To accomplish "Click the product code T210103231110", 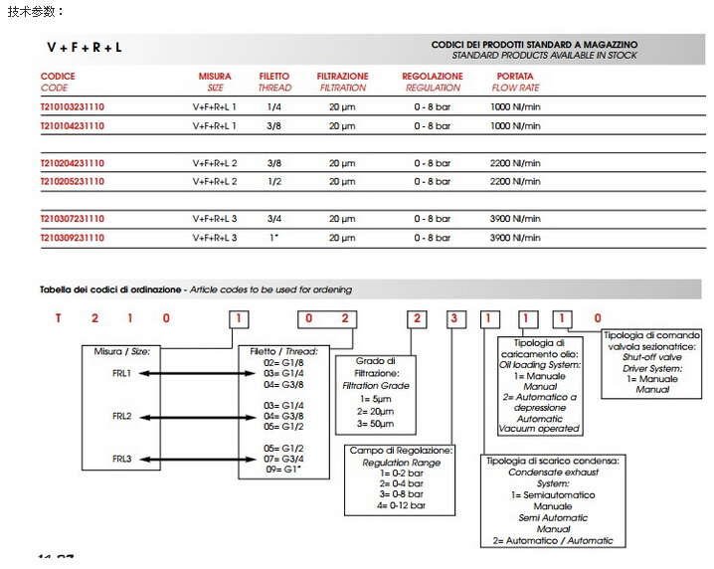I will (x=72, y=106).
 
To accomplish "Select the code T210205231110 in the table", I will (x=72, y=182).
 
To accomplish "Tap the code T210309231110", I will (x=72, y=238).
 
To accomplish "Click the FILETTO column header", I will (x=274, y=77).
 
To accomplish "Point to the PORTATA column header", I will (x=515, y=77).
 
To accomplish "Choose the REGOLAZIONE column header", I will (x=432, y=77).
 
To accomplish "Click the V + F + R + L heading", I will (x=85, y=47).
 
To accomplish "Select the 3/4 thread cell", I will (x=274, y=219).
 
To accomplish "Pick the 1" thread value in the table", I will (x=274, y=238).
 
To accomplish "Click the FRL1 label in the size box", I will (x=122, y=373).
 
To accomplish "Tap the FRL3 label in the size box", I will (x=122, y=459).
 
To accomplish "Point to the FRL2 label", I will (x=122, y=416).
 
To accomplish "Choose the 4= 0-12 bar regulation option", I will (x=400, y=506).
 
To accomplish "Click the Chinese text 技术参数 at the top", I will (x=34, y=11).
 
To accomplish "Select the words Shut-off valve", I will (x=651, y=357).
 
